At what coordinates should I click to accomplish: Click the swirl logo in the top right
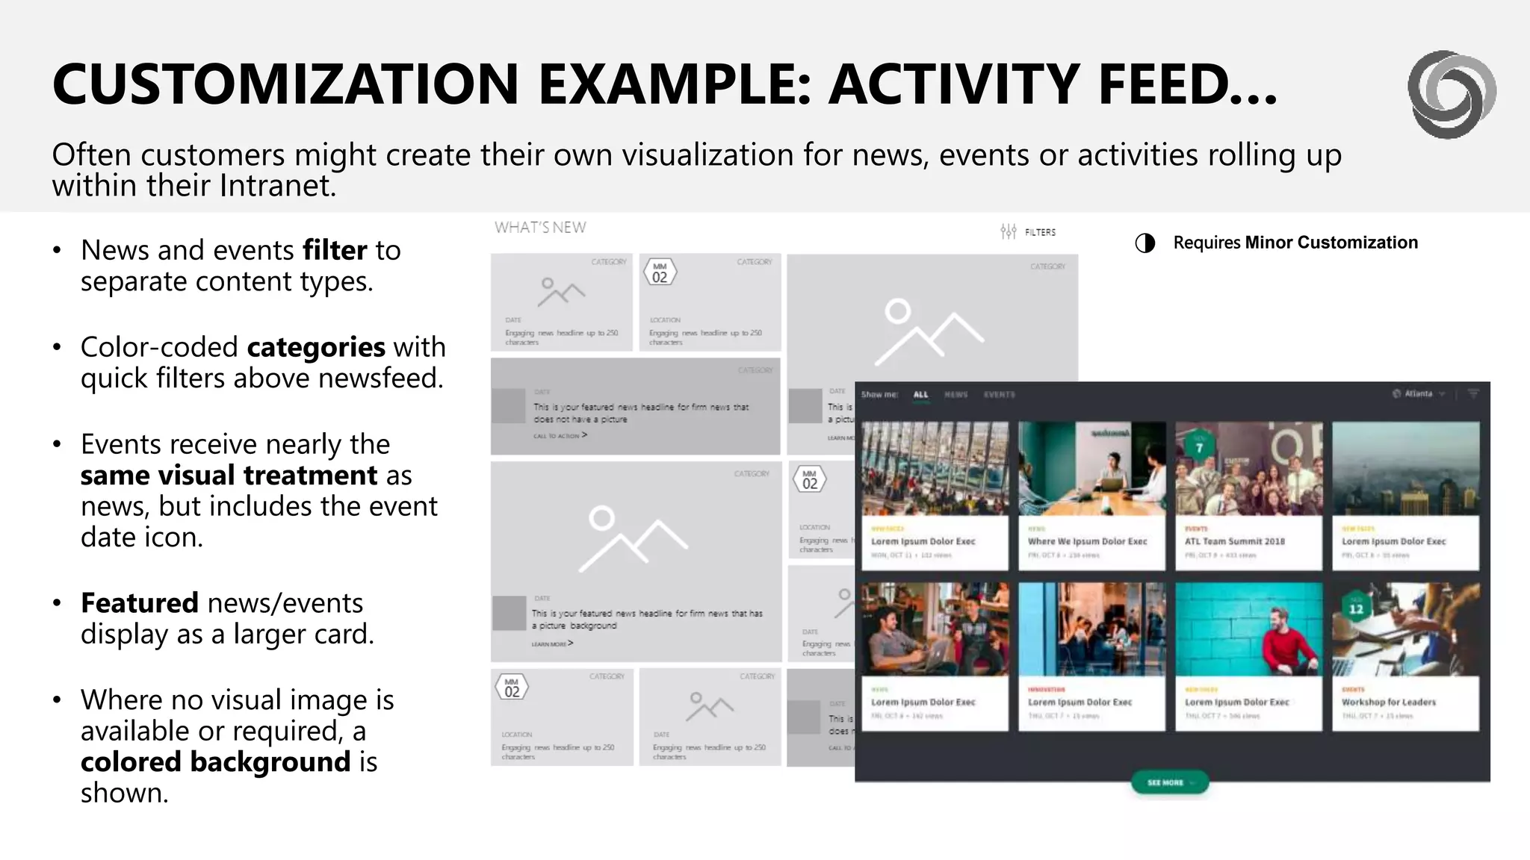coord(1452,94)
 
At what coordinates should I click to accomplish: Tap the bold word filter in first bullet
coord(335,250)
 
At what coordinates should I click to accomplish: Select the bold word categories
coord(316,347)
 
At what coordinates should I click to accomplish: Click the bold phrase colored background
coord(215,761)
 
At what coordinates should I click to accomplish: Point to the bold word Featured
coord(140,602)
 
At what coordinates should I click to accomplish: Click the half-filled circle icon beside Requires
coord(1145,243)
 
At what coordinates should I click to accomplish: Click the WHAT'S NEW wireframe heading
coord(540,228)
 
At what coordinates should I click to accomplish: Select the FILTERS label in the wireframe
coord(1039,232)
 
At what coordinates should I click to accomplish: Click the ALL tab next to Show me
coord(920,394)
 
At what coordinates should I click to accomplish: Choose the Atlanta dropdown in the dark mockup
coord(1419,393)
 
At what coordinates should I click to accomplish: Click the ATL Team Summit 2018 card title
coord(1234,541)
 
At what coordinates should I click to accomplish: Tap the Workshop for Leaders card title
coord(1388,702)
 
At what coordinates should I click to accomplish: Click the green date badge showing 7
coord(1199,447)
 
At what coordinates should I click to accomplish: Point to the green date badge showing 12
coord(1356,608)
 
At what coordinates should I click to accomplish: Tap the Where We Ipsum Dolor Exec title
coord(1087,541)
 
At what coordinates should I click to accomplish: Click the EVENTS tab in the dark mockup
coord(999,394)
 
